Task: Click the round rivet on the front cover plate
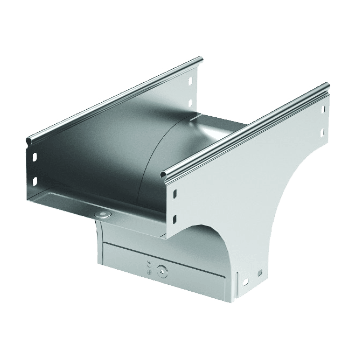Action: click(161, 272)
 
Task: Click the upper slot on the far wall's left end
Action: click(35, 156)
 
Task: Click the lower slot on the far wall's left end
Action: click(35, 180)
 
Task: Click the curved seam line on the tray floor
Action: click(150, 160)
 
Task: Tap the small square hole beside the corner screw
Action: click(260, 273)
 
